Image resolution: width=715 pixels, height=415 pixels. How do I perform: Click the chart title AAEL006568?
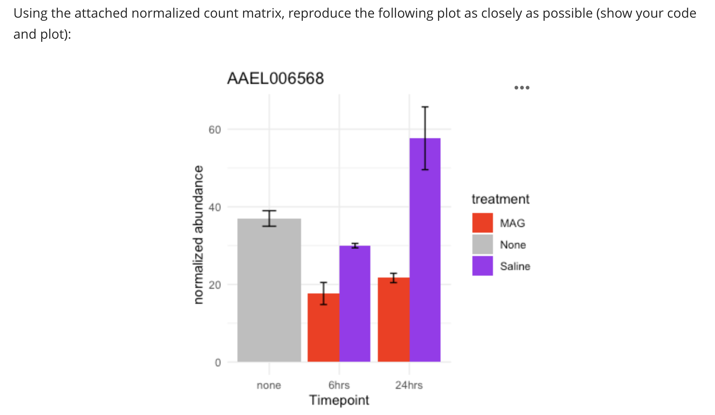click(x=275, y=79)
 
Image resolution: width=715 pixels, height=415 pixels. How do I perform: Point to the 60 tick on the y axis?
click(x=215, y=130)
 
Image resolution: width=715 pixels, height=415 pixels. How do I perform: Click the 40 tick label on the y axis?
click(x=215, y=208)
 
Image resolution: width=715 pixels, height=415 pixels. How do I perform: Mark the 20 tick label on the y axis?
click(x=215, y=285)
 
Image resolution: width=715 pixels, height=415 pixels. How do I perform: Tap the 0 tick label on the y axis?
click(x=218, y=363)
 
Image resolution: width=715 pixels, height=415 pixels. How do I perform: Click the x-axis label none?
click(x=269, y=385)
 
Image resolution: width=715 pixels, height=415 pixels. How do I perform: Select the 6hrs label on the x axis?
click(x=339, y=385)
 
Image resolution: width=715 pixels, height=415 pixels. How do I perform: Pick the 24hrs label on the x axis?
click(x=409, y=385)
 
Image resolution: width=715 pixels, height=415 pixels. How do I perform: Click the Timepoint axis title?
click(x=339, y=400)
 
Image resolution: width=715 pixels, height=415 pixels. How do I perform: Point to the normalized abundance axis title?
click(x=198, y=235)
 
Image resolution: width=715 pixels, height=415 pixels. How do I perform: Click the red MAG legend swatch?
click(x=482, y=223)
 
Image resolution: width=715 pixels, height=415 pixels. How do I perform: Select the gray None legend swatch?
click(x=482, y=244)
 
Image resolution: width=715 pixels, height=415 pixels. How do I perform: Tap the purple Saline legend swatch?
click(x=482, y=266)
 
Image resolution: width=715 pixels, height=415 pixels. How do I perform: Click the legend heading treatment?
click(x=500, y=199)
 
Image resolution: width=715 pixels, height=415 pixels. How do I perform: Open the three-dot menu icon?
click(x=522, y=88)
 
